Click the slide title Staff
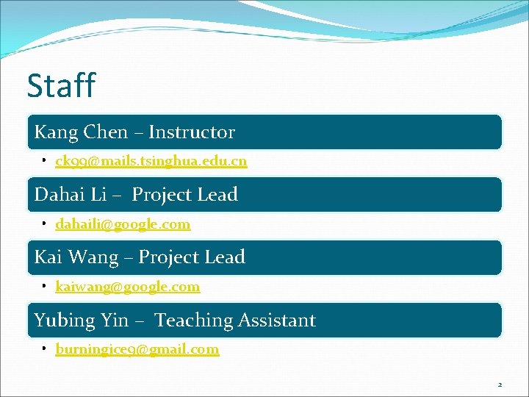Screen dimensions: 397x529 pyautogui.click(x=61, y=85)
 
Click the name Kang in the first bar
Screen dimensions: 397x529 pyautogui.click(x=56, y=132)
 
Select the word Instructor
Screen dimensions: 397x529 pyautogui.click(x=192, y=132)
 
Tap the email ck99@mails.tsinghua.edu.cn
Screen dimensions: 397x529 pyautogui.click(x=151, y=161)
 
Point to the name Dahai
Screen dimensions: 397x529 pyautogui.click(x=61, y=195)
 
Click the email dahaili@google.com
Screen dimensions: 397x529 pyautogui.click(x=123, y=224)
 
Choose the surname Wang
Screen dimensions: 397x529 pyautogui.click(x=93, y=257)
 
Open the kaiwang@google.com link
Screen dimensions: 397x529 pyautogui.click(x=127, y=287)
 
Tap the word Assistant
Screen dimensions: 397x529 pyautogui.click(x=277, y=321)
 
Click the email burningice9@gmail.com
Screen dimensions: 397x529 pyautogui.click(x=137, y=349)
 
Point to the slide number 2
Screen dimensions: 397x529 pyautogui.click(x=500, y=385)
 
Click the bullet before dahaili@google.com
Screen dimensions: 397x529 pyautogui.click(x=45, y=223)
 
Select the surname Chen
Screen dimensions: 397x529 pyautogui.click(x=106, y=132)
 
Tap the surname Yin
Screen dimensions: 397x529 pyautogui.click(x=116, y=321)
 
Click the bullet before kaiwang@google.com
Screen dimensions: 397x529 pyautogui.click(x=45, y=286)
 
